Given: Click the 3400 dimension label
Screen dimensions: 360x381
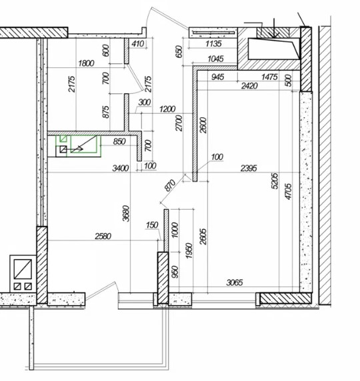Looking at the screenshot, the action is click(x=121, y=168).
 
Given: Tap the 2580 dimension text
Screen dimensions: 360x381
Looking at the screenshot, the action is click(x=103, y=236).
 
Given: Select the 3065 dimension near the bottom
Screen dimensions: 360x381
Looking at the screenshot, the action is click(x=235, y=282).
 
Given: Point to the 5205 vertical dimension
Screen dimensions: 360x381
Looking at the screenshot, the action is click(x=274, y=181).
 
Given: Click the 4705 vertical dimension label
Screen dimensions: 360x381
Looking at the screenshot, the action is click(x=288, y=192).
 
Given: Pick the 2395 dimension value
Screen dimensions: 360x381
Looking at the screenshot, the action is click(x=249, y=168).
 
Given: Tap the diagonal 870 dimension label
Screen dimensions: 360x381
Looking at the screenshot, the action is click(x=170, y=185).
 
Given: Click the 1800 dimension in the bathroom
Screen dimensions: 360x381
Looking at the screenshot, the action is click(x=86, y=63).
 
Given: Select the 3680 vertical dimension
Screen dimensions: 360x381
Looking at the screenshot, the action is click(x=126, y=213).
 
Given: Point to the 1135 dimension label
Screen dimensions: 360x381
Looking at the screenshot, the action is click(x=213, y=44).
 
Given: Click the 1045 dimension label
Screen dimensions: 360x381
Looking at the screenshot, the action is click(x=215, y=59).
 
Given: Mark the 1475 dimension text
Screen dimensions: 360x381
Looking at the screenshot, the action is click(x=269, y=77).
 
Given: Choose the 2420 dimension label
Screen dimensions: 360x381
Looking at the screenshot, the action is click(x=249, y=86).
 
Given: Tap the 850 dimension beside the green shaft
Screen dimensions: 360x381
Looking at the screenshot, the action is click(x=119, y=141).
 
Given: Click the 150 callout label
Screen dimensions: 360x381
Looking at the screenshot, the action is click(x=152, y=225).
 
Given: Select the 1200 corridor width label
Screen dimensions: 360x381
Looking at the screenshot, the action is click(x=167, y=109).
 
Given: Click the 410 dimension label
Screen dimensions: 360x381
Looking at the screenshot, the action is click(x=138, y=44).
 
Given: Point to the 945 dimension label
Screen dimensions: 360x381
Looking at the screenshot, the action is click(x=217, y=77).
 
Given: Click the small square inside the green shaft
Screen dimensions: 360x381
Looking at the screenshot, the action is click(x=63, y=149).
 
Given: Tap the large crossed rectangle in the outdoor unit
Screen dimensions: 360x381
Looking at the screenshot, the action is click(x=23, y=269).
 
